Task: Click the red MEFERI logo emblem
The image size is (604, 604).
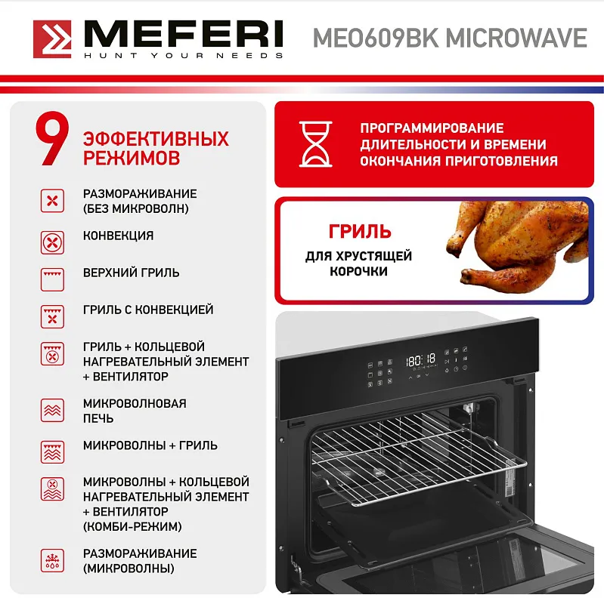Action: (x=52, y=39)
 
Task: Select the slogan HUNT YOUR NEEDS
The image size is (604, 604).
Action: (x=183, y=55)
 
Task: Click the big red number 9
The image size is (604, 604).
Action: (x=51, y=140)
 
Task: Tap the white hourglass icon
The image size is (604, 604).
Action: (x=315, y=143)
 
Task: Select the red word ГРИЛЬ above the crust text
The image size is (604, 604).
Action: (x=359, y=231)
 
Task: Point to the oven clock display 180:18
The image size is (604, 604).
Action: (x=421, y=360)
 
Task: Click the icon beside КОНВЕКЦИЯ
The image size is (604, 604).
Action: (x=52, y=242)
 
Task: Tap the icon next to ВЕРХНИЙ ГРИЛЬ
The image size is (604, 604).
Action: (x=52, y=279)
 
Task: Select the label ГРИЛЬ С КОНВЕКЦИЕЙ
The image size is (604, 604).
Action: (x=148, y=310)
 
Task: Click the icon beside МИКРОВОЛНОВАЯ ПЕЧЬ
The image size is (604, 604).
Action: (x=52, y=411)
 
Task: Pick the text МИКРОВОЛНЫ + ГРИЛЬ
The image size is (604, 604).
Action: (x=150, y=445)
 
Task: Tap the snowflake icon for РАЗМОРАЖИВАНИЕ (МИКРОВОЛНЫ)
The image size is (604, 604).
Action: (x=52, y=561)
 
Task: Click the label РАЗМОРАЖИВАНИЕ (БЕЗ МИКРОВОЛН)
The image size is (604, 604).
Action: (x=140, y=201)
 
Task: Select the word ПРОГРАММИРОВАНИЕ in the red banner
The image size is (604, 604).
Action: (x=432, y=128)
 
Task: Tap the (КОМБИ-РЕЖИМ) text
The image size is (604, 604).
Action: (x=132, y=526)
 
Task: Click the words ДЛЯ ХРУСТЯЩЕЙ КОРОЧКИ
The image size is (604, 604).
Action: (x=358, y=263)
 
